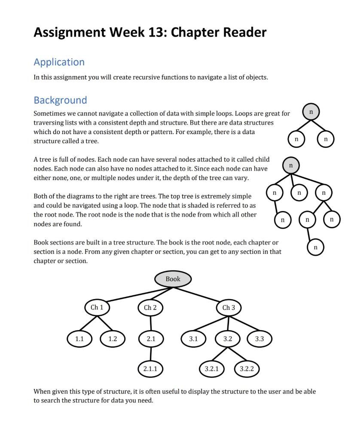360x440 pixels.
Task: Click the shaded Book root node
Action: (173, 279)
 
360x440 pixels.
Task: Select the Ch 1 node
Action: (97, 308)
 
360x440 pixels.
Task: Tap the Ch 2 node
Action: (150, 308)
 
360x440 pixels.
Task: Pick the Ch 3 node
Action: (229, 308)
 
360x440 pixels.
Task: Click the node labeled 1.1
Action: (79, 339)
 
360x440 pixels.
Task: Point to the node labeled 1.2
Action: (113, 339)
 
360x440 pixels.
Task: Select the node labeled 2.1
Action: (151, 339)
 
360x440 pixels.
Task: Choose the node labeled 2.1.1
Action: (150, 369)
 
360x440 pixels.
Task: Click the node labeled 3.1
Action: (194, 339)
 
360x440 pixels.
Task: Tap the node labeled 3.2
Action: (228, 339)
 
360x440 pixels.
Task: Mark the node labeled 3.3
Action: (259, 339)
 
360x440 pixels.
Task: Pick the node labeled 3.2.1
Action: (212, 369)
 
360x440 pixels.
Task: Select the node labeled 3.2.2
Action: (247, 369)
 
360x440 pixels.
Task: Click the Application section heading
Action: (59, 62)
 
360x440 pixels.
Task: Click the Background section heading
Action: (60, 101)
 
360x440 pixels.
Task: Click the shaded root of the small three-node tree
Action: (311, 112)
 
